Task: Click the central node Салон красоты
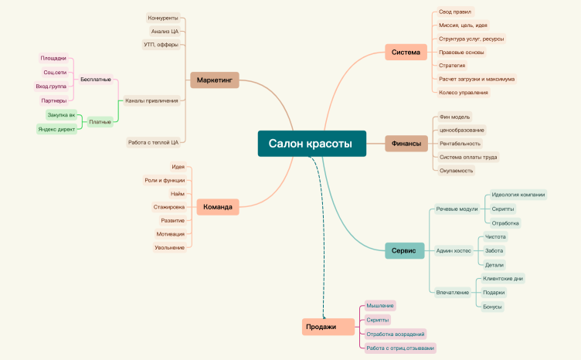click(312, 144)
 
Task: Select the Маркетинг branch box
click(215, 80)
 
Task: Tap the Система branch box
click(406, 53)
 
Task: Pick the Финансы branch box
click(406, 144)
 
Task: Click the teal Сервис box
click(404, 251)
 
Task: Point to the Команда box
click(218, 207)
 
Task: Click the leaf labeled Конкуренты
click(163, 18)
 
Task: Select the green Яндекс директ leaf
click(56, 129)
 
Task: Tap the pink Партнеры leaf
click(54, 100)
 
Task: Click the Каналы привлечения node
click(151, 100)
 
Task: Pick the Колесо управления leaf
click(464, 93)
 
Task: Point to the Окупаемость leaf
click(456, 171)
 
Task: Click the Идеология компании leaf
click(518, 195)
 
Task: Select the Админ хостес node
click(454, 251)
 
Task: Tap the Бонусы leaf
click(492, 307)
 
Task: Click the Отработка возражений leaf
click(396, 334)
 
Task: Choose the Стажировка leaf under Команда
click(169, 207)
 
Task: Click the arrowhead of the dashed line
click(324, 317)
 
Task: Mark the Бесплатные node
click(96, 80)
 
